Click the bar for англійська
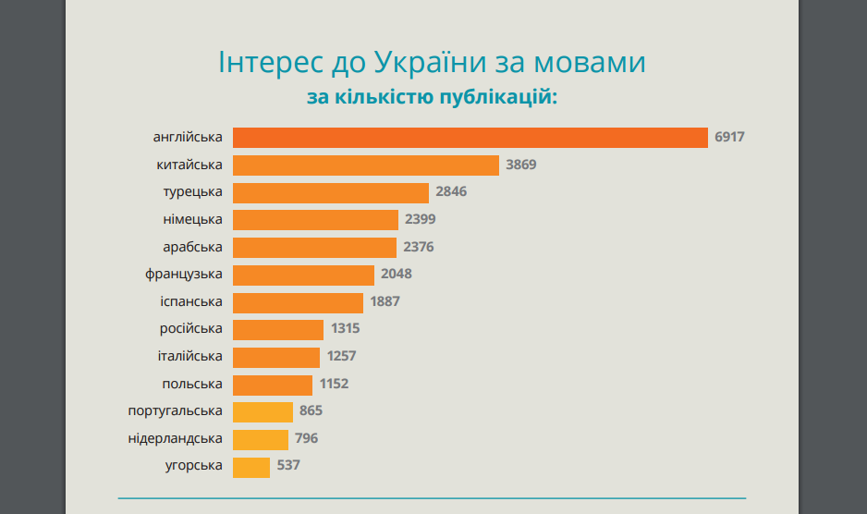coord(470,138)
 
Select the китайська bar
coord(366,165)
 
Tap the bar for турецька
coord(331,192)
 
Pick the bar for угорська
coord(251,467)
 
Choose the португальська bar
coord(263,411)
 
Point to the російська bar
coord(278,329)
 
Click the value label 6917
coord(729,138)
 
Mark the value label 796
coord(307,438)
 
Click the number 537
coord(288,466)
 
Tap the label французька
coord(184,275)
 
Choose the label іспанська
coord(190,301)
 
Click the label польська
coord(192,384)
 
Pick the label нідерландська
coord(176,438)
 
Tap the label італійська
coord(189,356)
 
